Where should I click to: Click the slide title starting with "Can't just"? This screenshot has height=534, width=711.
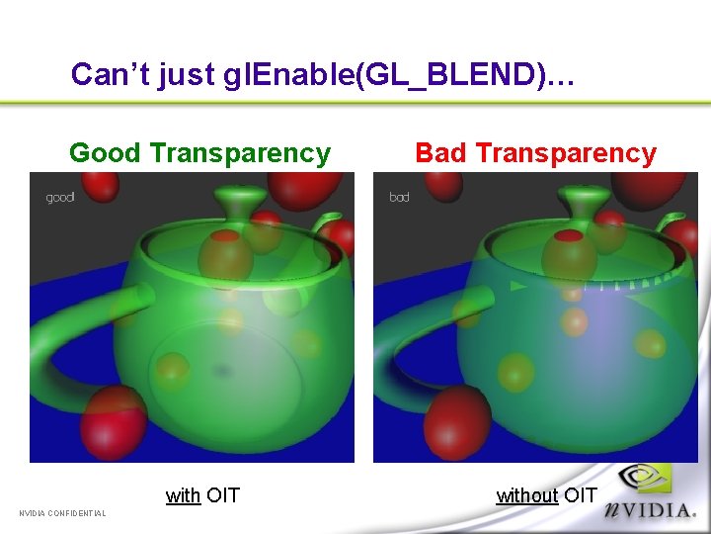pos(322,74)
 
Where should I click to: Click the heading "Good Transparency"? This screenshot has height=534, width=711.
pos(199,153)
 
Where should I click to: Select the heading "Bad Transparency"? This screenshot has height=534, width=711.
pos(535,153)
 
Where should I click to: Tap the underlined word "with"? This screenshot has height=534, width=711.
pos(183,495)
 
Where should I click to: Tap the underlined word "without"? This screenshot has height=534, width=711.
pos(526,495)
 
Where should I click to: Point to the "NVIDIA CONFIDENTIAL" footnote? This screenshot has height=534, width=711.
pos(62,512)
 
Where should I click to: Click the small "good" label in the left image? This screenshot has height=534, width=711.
pos(60,198)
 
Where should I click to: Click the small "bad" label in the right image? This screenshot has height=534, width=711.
pos(399,198)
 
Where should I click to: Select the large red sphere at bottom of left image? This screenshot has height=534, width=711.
pos(116,420)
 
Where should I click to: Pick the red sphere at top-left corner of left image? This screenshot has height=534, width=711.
pos(99,184)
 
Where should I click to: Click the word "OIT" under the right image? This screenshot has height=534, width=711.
pos(581,495)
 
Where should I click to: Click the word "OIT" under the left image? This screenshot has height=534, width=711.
pos(223,495)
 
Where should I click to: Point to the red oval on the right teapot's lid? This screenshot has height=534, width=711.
pos(567,237)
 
